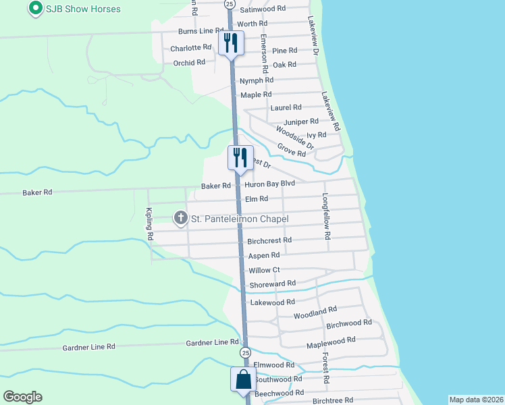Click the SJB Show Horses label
pos(83,9)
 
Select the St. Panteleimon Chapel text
pos(240,219)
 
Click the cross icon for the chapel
pos(180,218)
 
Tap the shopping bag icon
pos(242,379)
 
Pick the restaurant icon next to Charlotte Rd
pos(231,43)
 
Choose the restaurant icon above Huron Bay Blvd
pos(240,158)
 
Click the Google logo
pos(22,397)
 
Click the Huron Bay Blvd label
pos(270,184)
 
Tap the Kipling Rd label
pos(150,223)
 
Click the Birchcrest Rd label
pos(269,240)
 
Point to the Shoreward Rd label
pos(273,283)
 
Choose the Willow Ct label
pos(265,270)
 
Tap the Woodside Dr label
pos(295,136)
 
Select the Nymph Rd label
pos(257,80)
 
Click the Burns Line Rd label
pos(201,31)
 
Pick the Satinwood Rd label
pos(263,9)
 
